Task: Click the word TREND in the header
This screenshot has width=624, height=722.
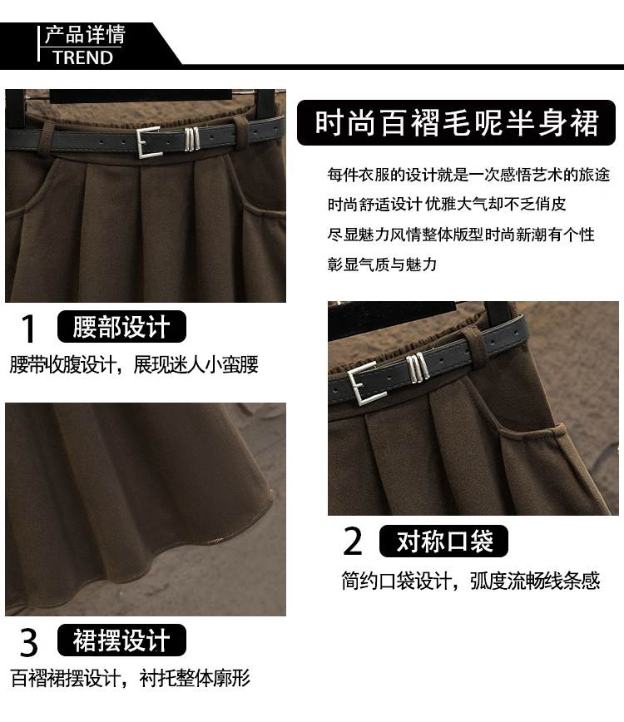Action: (82, 58)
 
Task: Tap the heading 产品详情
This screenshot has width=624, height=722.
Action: (85, 35)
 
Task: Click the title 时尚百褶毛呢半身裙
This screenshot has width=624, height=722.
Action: (457, 123)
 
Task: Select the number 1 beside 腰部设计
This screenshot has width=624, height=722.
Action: (28, 329)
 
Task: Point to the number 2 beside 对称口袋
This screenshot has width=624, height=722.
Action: (354, 541)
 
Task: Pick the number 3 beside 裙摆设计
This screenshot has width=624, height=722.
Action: (28, 642)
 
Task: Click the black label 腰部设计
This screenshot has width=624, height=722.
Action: (121, 326)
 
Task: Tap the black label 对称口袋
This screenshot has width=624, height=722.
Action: (443, 541)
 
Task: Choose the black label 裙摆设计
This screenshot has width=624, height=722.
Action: (121, 640)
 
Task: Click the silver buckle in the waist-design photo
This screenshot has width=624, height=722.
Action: (148, 142)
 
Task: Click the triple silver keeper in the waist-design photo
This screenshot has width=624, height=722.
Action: (191, 139)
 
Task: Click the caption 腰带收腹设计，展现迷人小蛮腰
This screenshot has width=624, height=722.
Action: (134, 364)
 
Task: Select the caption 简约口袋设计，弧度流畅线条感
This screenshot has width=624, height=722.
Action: (471, 581)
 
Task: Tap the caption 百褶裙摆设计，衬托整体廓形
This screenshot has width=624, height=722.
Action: (131, 678)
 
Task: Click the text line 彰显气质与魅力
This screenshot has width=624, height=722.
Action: (382, 265)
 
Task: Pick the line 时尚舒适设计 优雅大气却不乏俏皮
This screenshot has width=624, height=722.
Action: (447, 204)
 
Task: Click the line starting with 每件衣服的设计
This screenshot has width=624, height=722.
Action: (468, 175)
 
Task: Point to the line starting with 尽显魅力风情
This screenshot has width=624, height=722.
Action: (461, 235)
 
